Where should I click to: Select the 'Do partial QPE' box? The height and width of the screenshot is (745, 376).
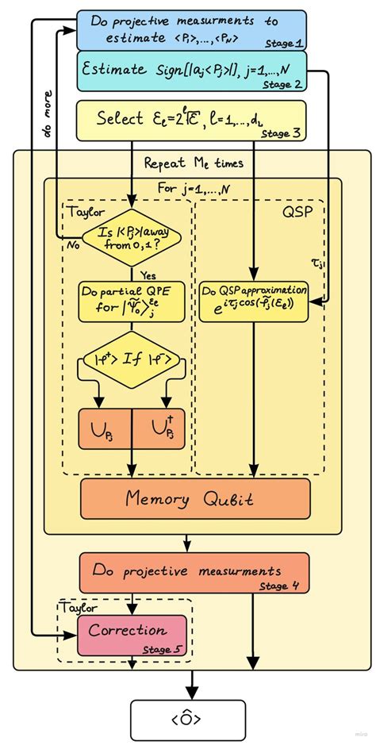[x=130, y=301]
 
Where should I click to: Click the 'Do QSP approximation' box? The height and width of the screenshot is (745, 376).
[x=253, y=301]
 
